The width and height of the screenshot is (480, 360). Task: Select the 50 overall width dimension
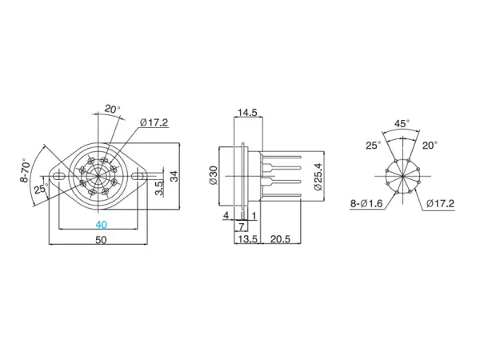[x=101, y=239]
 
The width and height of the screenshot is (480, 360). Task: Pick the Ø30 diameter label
[x=213, y=176]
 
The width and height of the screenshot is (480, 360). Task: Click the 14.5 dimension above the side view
[x=246, y=113]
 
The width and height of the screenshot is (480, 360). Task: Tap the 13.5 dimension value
[x=247, y=239]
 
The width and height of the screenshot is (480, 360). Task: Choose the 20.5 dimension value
[x=280, y=239]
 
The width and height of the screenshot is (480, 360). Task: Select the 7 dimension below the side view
[x=242, y=227]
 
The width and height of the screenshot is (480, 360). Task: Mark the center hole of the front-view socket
[x=100, y=173]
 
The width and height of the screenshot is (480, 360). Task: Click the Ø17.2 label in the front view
[x=154, y=122]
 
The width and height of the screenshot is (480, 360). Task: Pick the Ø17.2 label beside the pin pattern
[x=440, y=204]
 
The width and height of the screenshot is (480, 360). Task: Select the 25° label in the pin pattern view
[x=374, y=146]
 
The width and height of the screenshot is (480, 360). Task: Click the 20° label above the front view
[x=112, y=109]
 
